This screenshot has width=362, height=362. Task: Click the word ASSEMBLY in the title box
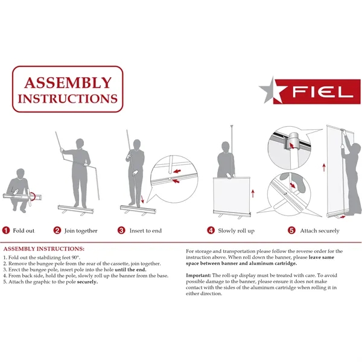click(x=68, y=83)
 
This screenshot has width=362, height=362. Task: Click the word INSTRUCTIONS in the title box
click(x=68, y=98)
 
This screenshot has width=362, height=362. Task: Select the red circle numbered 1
click(x=6, y=230)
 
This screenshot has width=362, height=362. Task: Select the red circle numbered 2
click(x=57, y=230)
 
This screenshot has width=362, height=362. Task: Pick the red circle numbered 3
click(x=121, y=230)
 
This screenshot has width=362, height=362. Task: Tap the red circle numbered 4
click(x=211, y=230)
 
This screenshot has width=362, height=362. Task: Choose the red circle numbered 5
click(x=291, y=230)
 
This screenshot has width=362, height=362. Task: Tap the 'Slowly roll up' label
click(x=237, y=230)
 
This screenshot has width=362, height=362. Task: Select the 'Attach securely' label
click(x=320, y=230)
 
